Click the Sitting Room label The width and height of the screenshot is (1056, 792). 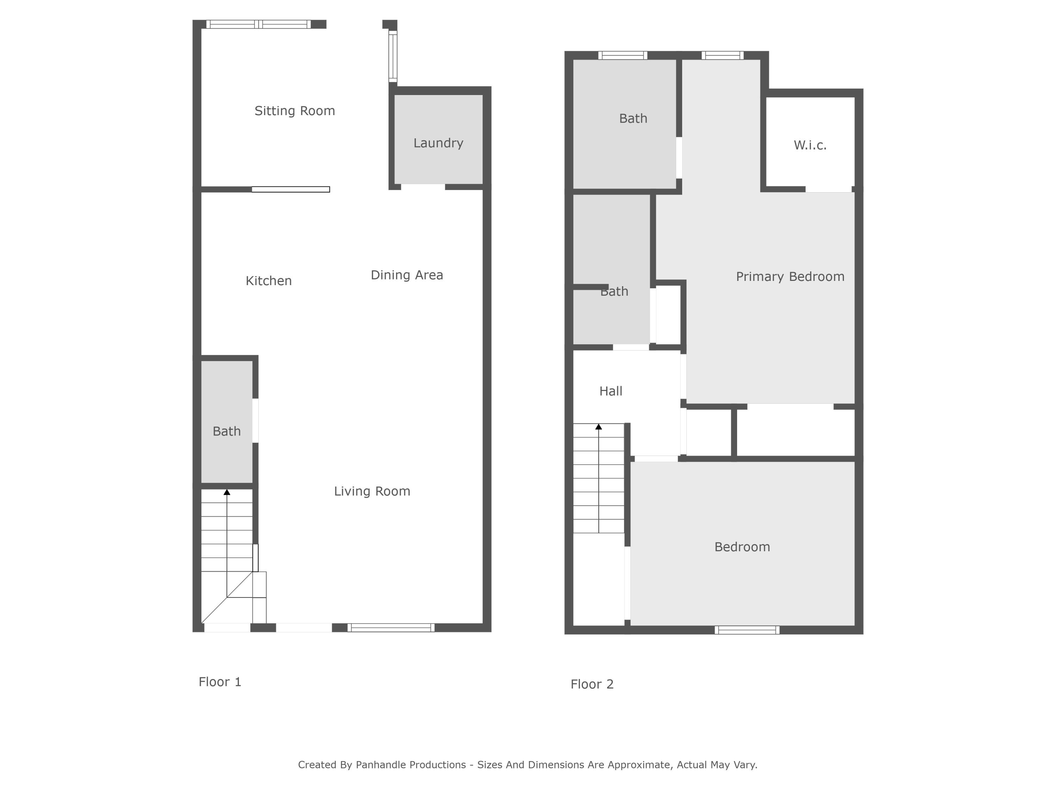point(295,111)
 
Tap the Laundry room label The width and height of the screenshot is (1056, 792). point(438,143)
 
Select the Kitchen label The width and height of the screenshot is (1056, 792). point(268,281)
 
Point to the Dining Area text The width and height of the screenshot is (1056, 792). point(407,275)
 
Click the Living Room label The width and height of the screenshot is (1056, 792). point(372,491)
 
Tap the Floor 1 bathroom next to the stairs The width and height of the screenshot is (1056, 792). point(226,431)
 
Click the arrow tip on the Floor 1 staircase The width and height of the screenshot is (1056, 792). point(227,492)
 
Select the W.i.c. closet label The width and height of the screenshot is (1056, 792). point(810,145)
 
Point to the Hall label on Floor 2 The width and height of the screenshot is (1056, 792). point(611,391)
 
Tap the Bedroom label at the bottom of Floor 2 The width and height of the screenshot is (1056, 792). point(742,547)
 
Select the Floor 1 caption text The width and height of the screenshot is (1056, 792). point(220,682)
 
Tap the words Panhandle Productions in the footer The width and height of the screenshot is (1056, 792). point(410,765)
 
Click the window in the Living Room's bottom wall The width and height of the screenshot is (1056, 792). point(390,628)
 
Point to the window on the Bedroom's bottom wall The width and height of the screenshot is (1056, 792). point(747,630)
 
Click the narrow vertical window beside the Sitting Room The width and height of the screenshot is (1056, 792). point(392,56)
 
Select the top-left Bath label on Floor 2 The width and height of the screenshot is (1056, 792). point(633,118)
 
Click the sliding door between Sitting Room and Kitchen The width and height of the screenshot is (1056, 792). point(290,189)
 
